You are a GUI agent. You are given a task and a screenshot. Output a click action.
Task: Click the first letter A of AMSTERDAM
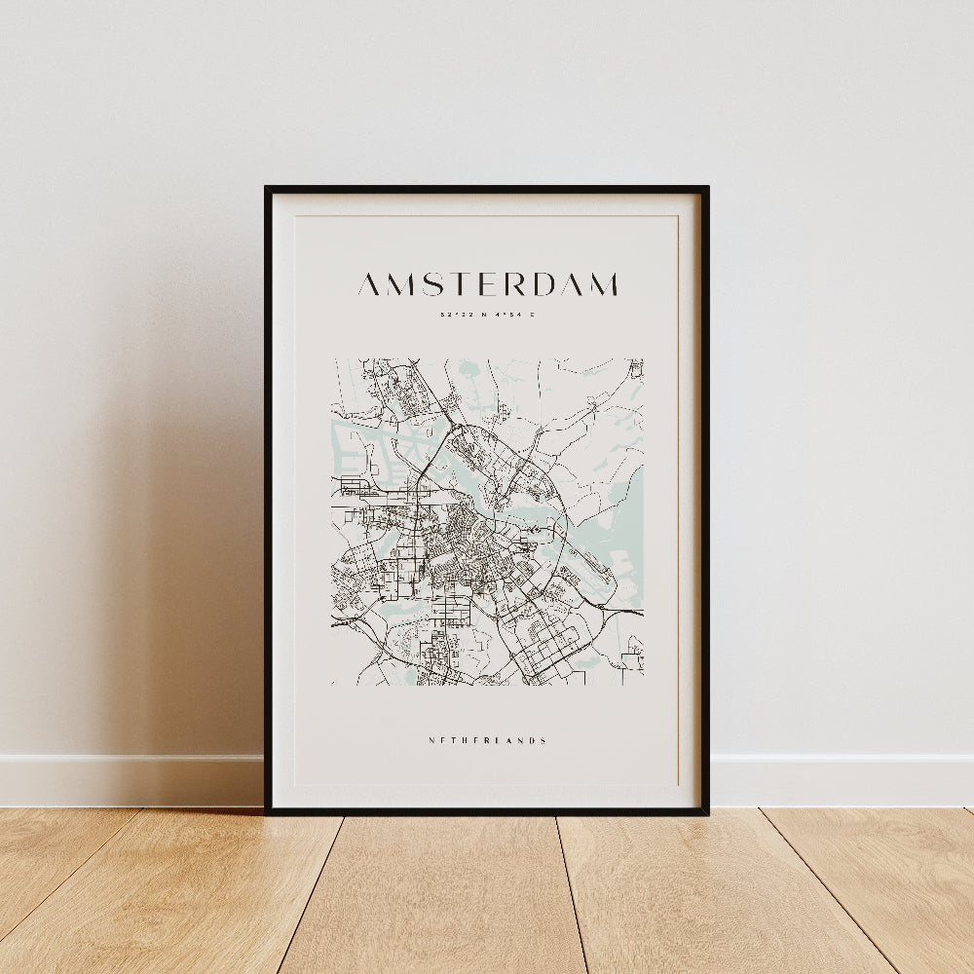tap(370, 284)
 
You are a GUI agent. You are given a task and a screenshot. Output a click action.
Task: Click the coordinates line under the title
tap(487, 315)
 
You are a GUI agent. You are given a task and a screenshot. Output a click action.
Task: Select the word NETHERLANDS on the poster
tap(487, 740)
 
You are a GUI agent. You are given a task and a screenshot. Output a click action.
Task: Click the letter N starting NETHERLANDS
tap(431, 740)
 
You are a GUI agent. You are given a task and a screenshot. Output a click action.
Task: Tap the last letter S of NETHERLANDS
tap(543, 740)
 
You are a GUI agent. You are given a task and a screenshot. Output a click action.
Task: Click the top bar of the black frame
tap(487, 189)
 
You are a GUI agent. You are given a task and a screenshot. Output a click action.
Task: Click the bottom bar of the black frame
tap(487, 809)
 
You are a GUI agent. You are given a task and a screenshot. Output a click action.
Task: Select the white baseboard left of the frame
tap(127, 779)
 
